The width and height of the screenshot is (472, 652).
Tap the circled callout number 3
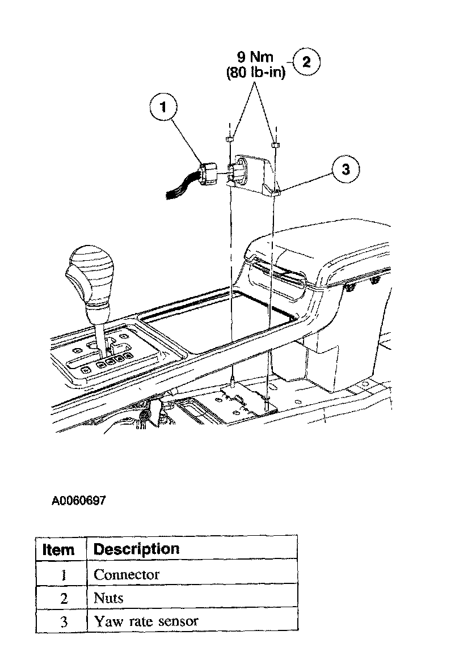click(345, 168)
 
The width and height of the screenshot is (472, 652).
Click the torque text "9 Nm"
click(255, 58)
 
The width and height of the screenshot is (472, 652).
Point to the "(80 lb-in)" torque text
click(255, 73)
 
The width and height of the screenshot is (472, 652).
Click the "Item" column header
click(59, 549)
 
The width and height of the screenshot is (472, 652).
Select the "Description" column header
click(136, 549)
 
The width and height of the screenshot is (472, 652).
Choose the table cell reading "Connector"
click(127, 574)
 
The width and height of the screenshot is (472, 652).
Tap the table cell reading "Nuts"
click(108, 598)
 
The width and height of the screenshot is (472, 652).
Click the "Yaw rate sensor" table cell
click(146, 621)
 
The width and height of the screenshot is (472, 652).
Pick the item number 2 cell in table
click(64, 598)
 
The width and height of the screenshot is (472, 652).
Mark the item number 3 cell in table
click(64, 621)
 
